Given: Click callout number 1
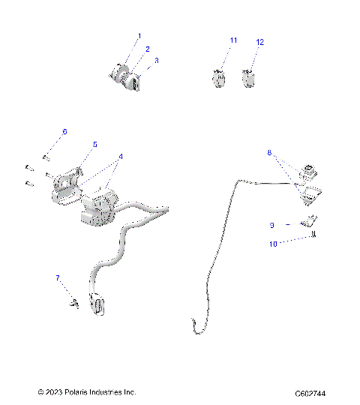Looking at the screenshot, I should (139, 36).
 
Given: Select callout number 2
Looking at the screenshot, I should (147, 48).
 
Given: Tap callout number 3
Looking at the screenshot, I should (156, 60).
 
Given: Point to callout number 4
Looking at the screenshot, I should (120, 157).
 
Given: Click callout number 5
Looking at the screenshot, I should (95, 144).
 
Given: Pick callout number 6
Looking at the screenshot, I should (64, 131).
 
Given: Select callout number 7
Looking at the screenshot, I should (57, 278).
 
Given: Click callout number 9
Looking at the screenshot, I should (271, 224).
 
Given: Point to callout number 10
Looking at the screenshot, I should (273, 243).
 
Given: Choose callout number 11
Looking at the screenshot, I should (233, 40).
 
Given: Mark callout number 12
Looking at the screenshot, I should (260, 43).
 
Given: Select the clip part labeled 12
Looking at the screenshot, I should (250, 76).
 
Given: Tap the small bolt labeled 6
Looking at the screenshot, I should (46, 157).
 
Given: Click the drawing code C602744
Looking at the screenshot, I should (315, 393).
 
